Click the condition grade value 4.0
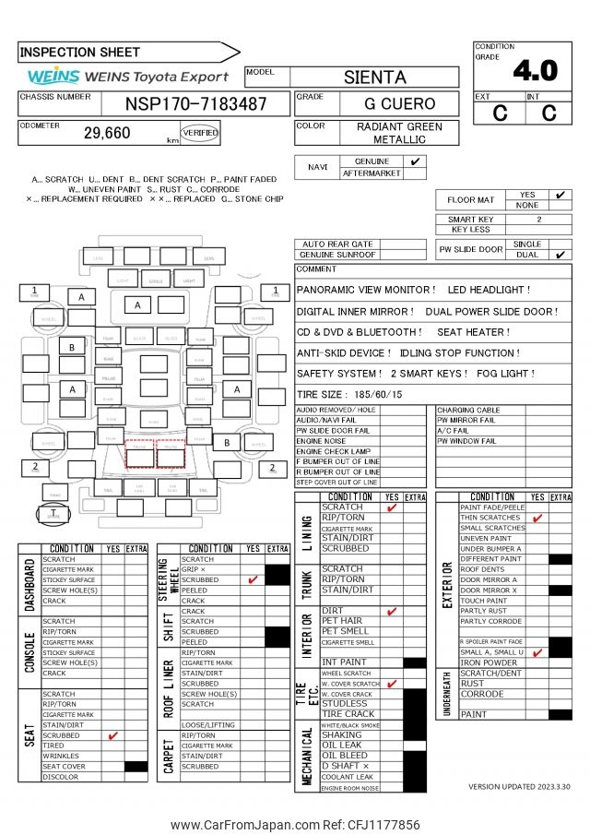click(535, 70)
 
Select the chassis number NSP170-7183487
click(195, 104)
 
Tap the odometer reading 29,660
click(107, 133)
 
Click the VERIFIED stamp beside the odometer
click(200, 133)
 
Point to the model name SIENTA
click(374, 78)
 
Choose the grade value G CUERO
click(400, 104)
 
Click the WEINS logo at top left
click(53, 77)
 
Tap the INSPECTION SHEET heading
click(80, 53)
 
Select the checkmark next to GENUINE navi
click(416, 161)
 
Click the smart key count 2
click(538, 220)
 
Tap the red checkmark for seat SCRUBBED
click(113, 735)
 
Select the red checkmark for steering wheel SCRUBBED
click(253, 579)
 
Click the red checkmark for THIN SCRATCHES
click(537, 518)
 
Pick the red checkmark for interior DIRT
click(392, 611)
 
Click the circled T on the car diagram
click(53, 514)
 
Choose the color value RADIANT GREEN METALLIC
click(399, 133)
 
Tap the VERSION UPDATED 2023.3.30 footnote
click(520, 786)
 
